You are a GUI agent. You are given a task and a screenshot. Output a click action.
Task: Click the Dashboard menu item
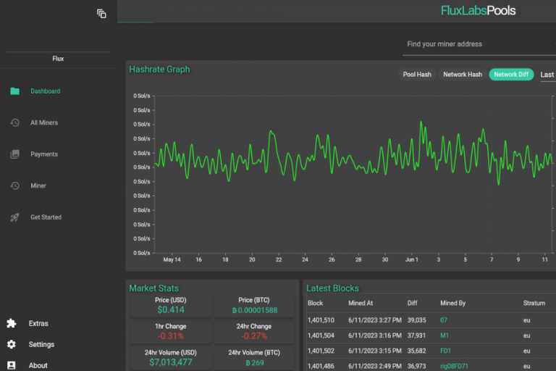tap(45, 91)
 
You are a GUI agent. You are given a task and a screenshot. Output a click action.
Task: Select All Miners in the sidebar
tap(43, 122)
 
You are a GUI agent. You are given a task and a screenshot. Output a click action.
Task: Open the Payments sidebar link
tap(43, 154)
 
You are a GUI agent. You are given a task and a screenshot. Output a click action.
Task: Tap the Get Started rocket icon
tap(14, 217)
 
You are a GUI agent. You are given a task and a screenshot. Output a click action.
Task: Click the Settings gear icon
tap(12, 344)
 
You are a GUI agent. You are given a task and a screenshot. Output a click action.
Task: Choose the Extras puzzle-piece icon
tap(12, 323)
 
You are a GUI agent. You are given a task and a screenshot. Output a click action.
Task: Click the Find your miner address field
tap(478, 44)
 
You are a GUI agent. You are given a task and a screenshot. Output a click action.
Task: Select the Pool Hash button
tap(417, 75)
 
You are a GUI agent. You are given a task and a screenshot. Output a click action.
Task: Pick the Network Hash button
tap(462, 75)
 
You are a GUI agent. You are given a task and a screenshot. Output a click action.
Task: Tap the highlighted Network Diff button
tap(511, 75)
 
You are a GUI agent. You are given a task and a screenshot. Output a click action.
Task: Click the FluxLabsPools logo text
tap(478, 11)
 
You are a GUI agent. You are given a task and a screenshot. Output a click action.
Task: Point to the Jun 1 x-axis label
tap(411, 259)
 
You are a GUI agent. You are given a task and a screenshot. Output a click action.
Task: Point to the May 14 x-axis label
tap(172, 259)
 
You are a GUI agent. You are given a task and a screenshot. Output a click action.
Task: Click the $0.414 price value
tap(171, 309)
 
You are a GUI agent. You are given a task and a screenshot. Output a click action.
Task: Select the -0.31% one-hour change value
tap(171, 336)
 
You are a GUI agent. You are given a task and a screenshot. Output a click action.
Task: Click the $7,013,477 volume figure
tap(171, 362)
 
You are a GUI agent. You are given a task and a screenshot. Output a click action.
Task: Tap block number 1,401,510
tap(321, 320)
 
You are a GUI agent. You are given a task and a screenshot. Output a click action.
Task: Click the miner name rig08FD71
tap(455, 367)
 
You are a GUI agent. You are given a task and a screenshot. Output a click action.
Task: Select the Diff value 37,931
tap(416, 335)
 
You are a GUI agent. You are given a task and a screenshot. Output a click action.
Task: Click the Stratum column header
tap(534, 303)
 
